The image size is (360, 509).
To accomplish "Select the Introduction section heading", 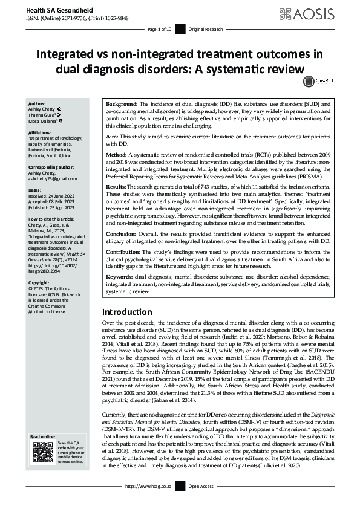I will tap(127, 313).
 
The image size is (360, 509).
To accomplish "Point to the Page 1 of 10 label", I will tap(160, 28).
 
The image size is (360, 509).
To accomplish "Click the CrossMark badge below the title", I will tap(309, 80).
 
